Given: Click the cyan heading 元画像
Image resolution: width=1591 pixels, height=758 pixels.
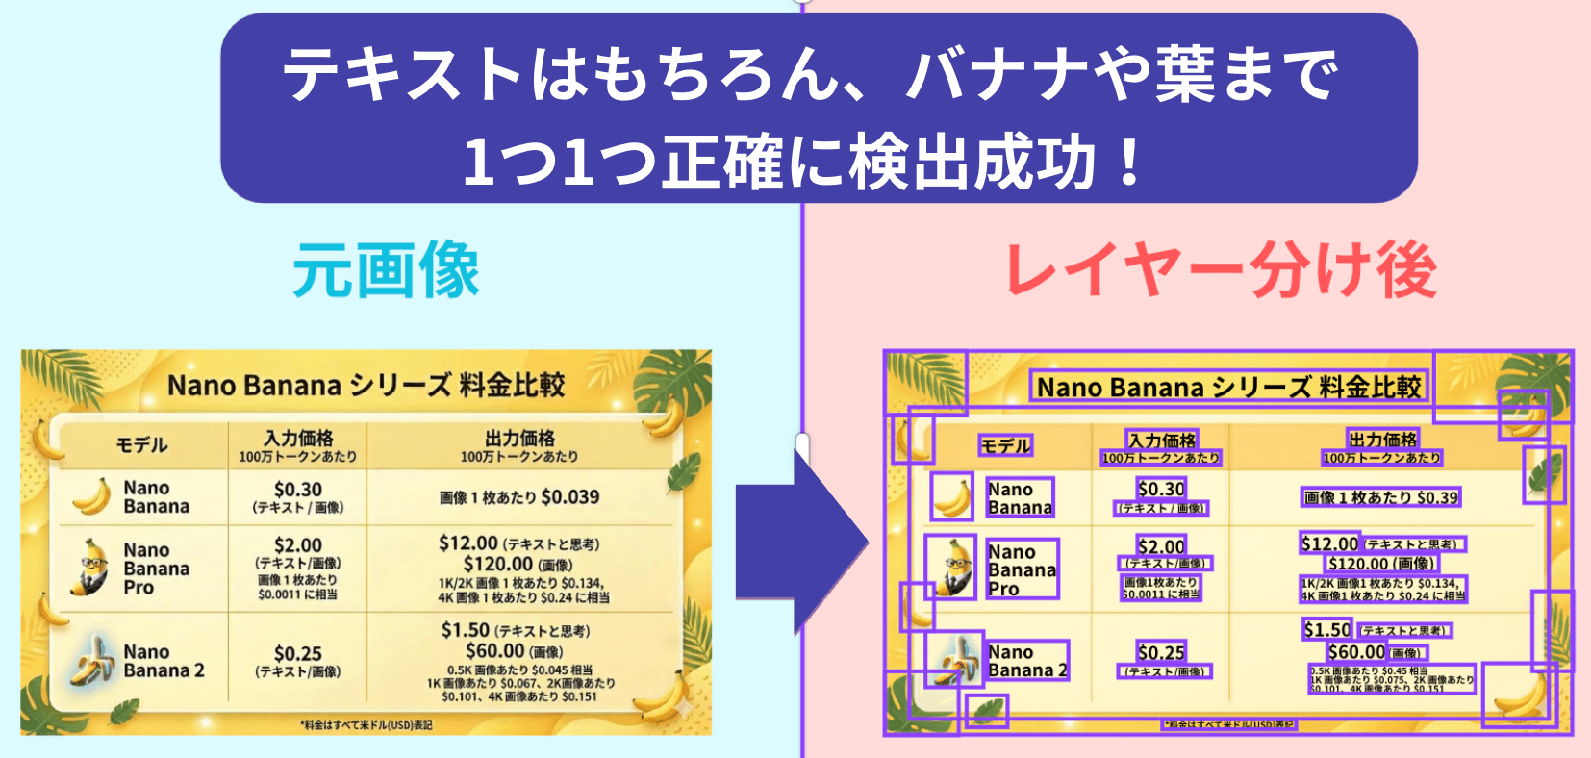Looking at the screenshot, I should click(386, 270).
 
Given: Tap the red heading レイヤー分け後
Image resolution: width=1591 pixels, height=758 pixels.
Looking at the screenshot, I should click(1221, 270).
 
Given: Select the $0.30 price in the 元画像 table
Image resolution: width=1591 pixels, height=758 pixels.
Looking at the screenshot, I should click(298, 489).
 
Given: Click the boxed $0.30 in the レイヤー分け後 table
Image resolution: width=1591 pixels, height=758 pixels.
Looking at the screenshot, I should click(1161, 489).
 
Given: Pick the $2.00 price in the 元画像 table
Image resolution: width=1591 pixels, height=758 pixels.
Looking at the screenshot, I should click(298, 544).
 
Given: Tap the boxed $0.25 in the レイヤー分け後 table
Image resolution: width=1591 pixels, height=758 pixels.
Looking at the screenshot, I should click(1161, 651).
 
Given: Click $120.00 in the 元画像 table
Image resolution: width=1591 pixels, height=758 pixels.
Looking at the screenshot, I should click(497, 564).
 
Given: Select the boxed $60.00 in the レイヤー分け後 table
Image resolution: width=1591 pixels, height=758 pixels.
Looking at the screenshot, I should click(1356, 651).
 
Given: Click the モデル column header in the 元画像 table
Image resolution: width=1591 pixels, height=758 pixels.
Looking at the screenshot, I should click(141, 444).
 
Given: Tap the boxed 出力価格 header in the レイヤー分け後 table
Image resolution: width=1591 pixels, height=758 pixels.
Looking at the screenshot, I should click(1382, 440).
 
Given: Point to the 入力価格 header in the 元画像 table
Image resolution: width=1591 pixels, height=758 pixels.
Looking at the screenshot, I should click(298, 439).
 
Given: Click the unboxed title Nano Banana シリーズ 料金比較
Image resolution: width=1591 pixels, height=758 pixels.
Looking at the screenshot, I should click(366, 385).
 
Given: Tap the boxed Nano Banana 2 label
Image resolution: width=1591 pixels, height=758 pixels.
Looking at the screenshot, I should click(1026, 661).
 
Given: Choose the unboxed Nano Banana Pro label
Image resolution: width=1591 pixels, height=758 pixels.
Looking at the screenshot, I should click(156, 568).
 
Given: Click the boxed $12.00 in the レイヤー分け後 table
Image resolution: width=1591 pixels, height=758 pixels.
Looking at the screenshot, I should click(1329, 543).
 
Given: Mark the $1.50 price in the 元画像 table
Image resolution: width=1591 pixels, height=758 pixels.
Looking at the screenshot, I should click(466, 630).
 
